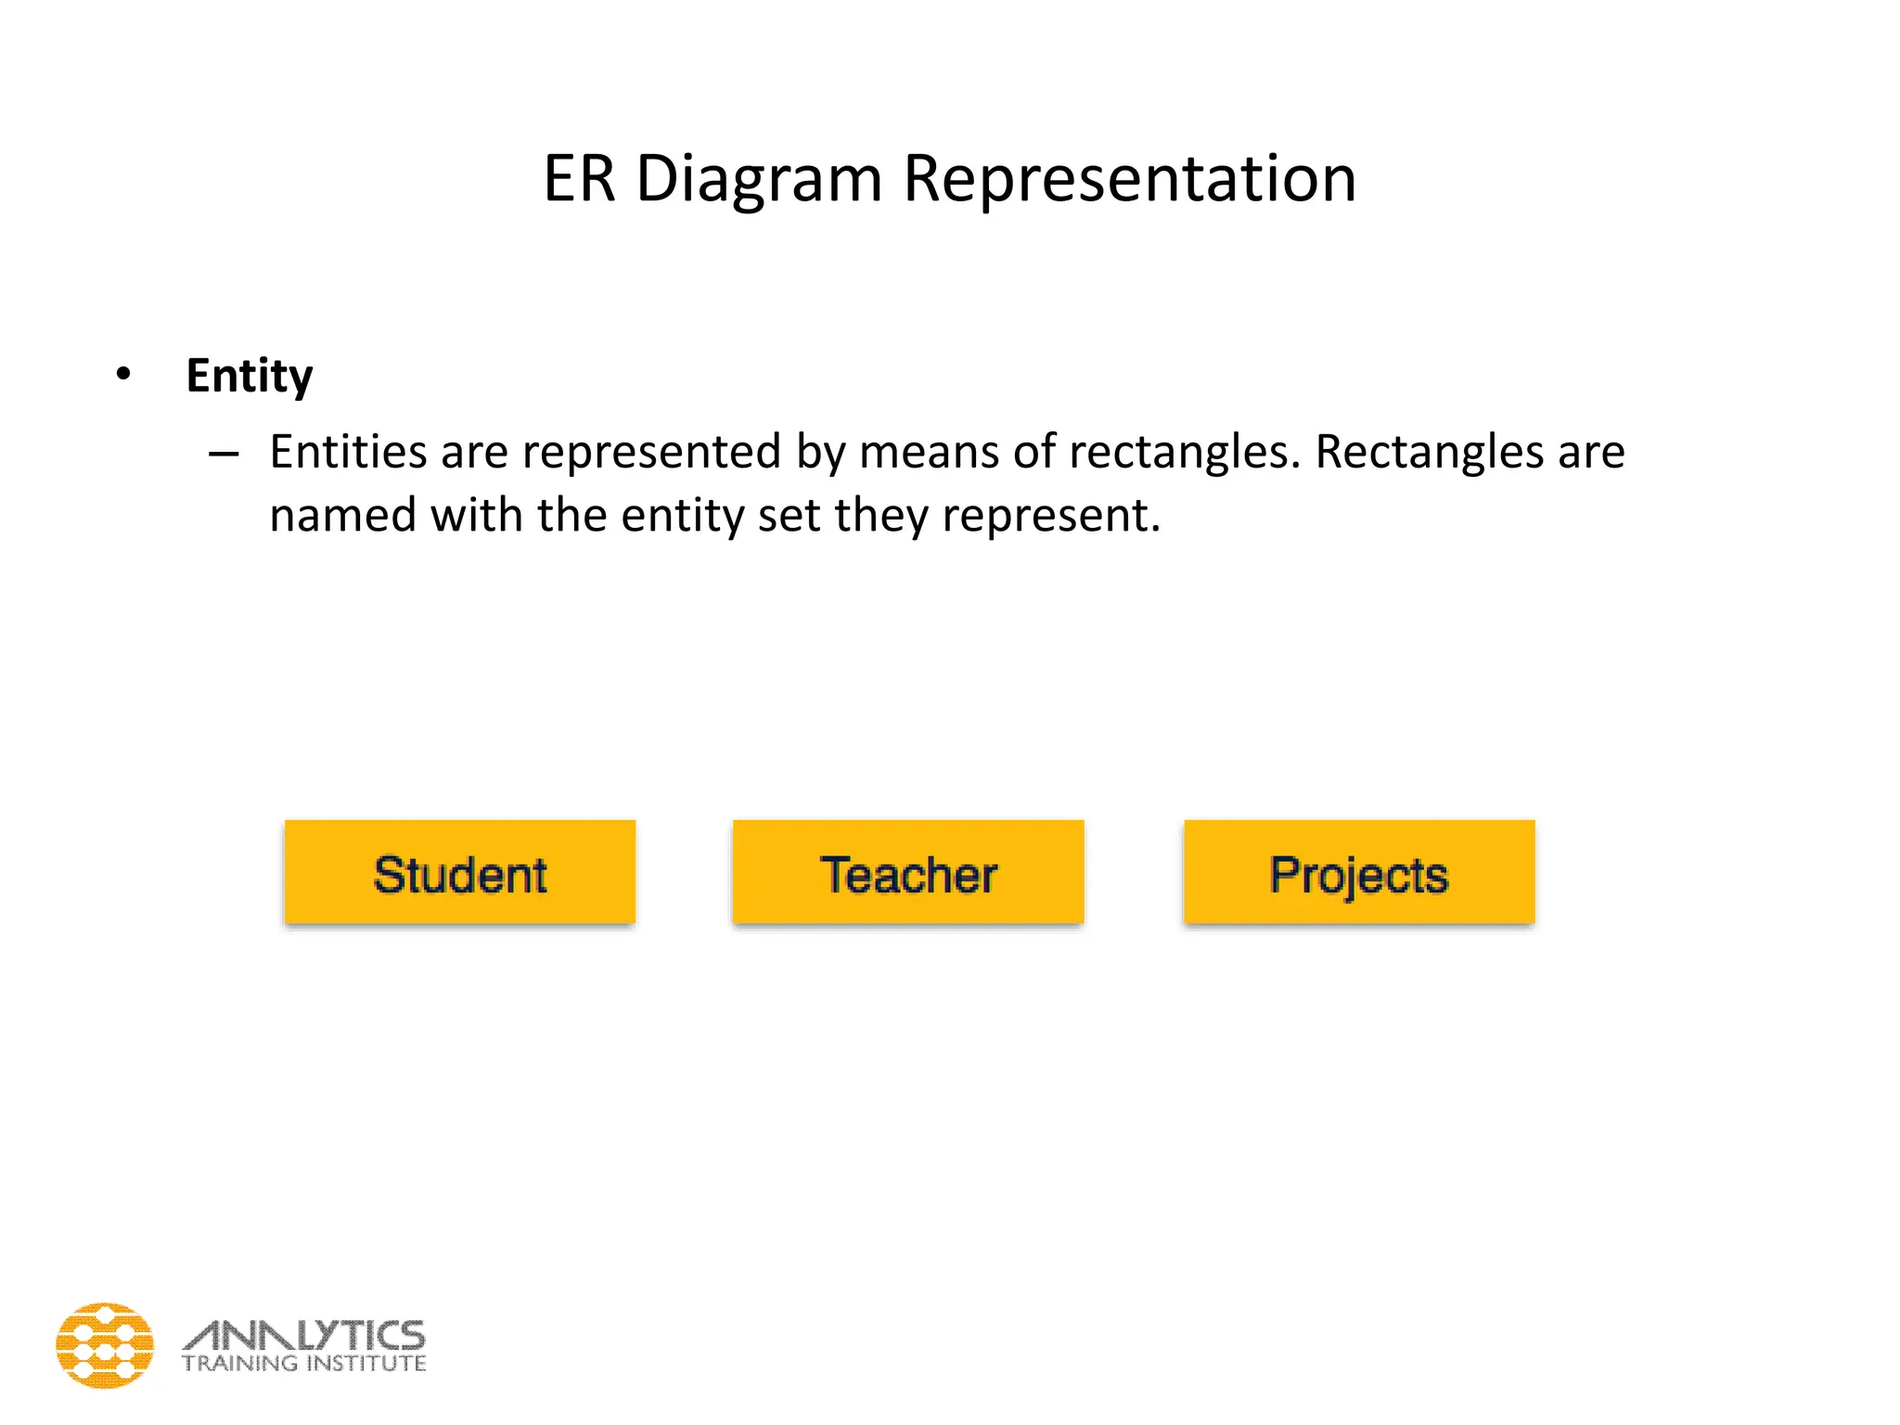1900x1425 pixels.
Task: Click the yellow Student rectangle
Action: [460, 872]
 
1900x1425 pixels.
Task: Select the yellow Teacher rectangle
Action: [908, 872]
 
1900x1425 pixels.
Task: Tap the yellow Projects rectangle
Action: [1359, 872]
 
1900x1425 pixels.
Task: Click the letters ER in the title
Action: [579, 178]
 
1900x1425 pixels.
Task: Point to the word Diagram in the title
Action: [759, 180]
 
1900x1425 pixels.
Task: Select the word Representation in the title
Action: [1130, 178]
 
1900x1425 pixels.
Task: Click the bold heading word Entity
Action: [250, 377]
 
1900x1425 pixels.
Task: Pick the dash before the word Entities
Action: [224, 454]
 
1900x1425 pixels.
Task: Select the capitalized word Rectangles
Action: [1429, 454]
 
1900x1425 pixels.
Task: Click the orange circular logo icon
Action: [105, 1345]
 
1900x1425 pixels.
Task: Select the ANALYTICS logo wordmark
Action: [304, 1336]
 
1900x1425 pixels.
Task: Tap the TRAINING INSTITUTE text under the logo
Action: [304, 1364]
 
